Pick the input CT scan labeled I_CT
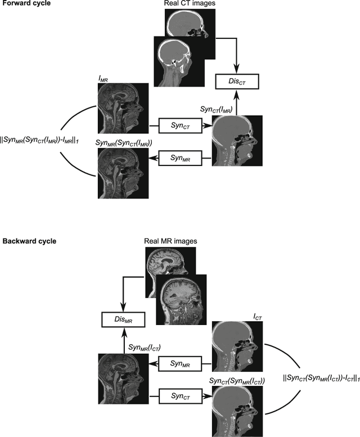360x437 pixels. [x=237, y=346]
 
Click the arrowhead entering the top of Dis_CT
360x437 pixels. [x=236, y=71]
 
